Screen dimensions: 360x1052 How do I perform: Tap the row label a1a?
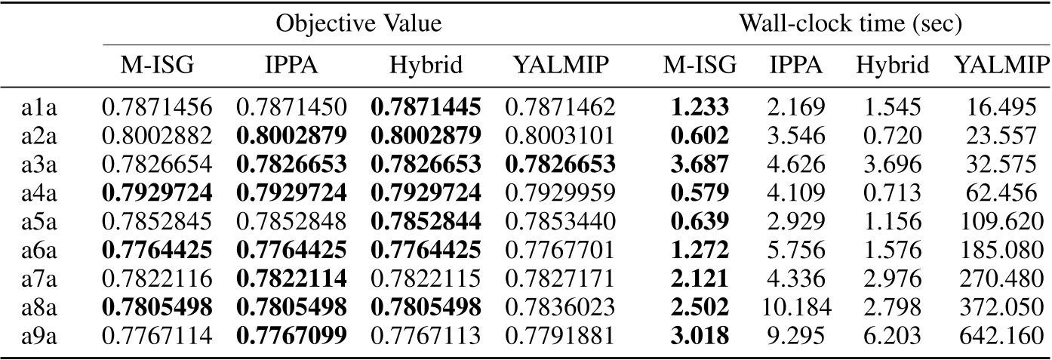point(37,108)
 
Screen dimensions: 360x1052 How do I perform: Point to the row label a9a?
point(37,334)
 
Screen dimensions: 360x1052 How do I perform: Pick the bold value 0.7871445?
point(425,108)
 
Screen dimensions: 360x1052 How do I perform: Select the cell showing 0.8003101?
point(561,137)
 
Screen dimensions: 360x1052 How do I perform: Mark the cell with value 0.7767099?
point(291,334)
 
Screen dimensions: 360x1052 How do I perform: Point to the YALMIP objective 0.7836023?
point(561,306)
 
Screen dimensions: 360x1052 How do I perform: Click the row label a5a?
point(37,221)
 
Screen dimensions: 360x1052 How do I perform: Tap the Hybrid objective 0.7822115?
point(425,278)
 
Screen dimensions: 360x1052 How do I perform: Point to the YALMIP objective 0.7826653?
point(561,165)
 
